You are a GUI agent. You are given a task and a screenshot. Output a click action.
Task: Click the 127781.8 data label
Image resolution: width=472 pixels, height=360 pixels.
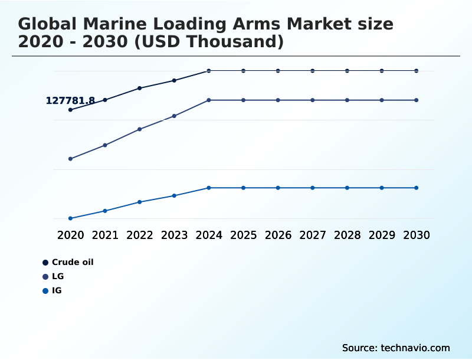click(x=70, y=101)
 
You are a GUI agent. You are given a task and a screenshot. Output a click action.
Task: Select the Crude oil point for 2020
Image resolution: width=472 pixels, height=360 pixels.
click(x=71, y=110)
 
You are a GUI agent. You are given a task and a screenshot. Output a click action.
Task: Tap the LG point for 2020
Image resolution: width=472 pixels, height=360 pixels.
click(x=71, y=159)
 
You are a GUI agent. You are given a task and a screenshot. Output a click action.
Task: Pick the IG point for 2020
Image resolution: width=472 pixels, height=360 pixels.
click(x=71, y=218)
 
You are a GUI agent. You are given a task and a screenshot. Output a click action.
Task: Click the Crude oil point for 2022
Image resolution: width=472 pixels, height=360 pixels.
click(x=140, y=88)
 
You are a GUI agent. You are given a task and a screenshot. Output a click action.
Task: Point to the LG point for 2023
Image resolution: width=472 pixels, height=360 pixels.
click(x=174, y=116)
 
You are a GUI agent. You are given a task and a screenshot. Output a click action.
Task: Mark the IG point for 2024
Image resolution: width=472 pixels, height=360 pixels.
click(x=209, y=188)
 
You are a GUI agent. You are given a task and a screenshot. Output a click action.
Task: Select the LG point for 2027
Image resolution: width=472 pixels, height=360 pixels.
click(x=313, y=100)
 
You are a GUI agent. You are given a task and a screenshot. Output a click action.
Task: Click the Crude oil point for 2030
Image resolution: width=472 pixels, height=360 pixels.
click(x=417, y=71)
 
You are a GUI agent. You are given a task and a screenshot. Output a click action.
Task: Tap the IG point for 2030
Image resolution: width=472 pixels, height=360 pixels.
click(x=417, y=188)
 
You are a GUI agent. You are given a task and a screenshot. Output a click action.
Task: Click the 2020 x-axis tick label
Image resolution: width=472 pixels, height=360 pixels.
click(x=71, y=235)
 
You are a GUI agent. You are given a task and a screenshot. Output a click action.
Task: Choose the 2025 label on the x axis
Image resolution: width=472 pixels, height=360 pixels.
click(x=243, y=235)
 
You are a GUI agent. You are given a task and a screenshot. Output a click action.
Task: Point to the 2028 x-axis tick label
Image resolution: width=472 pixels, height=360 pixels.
click(x=347, y=235)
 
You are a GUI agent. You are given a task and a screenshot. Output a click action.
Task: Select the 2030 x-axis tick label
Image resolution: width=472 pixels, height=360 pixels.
click(x=417, y=235)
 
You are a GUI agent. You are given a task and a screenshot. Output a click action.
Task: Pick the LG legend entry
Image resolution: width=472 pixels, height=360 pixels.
click(x=58, y=276)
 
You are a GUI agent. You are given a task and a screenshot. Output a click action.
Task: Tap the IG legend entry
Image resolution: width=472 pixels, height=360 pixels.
click(x=57, y=290)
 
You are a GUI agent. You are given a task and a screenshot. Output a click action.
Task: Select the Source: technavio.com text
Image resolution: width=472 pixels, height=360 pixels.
click(x=396, y=348)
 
